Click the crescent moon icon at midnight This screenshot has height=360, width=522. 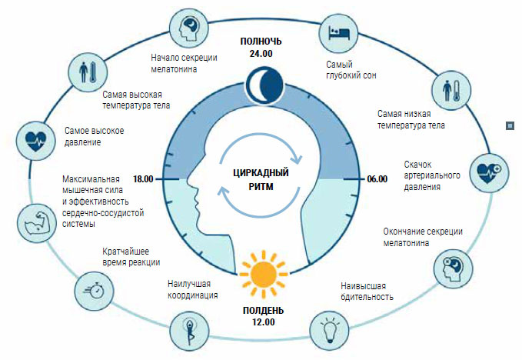point(261,82)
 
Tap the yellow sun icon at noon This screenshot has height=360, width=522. point(262,270)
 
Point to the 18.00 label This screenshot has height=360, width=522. point(144,178)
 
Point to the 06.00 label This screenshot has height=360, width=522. point(377,178)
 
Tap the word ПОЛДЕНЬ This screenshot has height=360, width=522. point(263,309)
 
